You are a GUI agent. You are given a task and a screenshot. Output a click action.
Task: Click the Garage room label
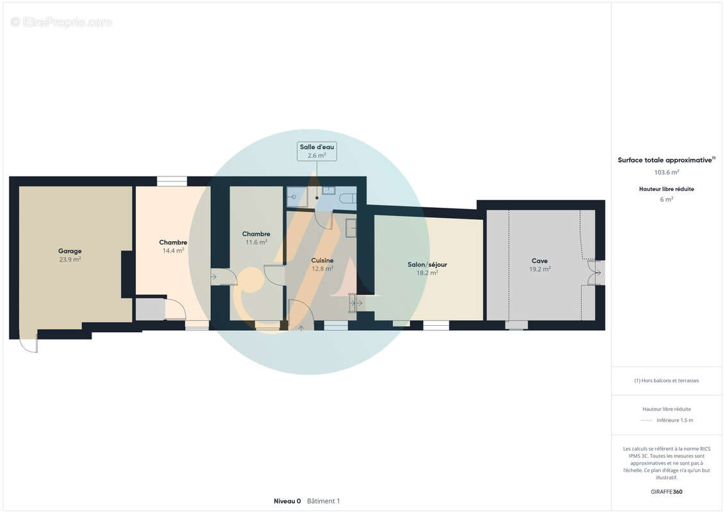(70, 251)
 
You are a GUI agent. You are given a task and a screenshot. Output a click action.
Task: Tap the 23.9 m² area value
(70, 260)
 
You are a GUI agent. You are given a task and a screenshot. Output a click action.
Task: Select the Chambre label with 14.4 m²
(173, 242)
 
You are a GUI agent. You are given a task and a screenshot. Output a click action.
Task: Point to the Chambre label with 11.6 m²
(256, 234)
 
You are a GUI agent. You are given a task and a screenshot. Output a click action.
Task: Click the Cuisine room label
(322, 260)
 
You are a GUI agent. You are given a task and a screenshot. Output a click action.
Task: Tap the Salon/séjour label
(427, 265)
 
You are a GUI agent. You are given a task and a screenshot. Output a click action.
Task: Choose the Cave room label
(540, 261)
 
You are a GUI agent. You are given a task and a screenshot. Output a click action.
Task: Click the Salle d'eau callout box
(317, 151)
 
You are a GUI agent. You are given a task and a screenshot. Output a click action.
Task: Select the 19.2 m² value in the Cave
(540, 269)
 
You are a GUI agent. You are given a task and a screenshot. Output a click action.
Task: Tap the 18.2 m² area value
(427, 273)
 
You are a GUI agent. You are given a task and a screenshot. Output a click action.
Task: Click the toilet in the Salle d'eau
(348, 199)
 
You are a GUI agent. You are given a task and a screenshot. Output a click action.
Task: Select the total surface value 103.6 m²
(666, 172)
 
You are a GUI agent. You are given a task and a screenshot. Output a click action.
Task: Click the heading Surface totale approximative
(666, 160)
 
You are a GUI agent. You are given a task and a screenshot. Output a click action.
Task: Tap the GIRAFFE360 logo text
(666, 492)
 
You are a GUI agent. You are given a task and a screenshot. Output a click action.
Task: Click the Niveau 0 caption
(287, 501)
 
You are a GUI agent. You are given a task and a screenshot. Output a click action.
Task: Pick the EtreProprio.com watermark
(61, 22)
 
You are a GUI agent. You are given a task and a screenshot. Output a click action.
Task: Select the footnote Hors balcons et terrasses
(666, 381)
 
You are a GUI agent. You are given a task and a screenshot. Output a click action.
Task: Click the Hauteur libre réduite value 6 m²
(666, 199)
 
